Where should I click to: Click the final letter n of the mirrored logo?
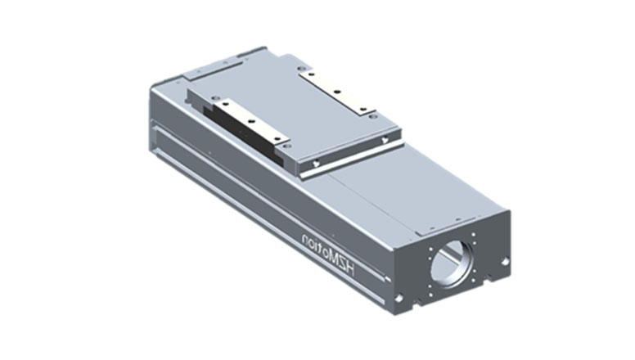pyautogui.click(x=304, y=238)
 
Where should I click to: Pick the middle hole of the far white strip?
pyautogui.click(x=336, y=92)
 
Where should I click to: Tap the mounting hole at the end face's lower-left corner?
pyautogui.click(x=399, y=299)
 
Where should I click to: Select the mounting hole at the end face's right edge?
pyautogui.click(x=505, y=262)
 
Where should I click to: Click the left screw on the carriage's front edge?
pyautogui.click(x=316, y=163)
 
